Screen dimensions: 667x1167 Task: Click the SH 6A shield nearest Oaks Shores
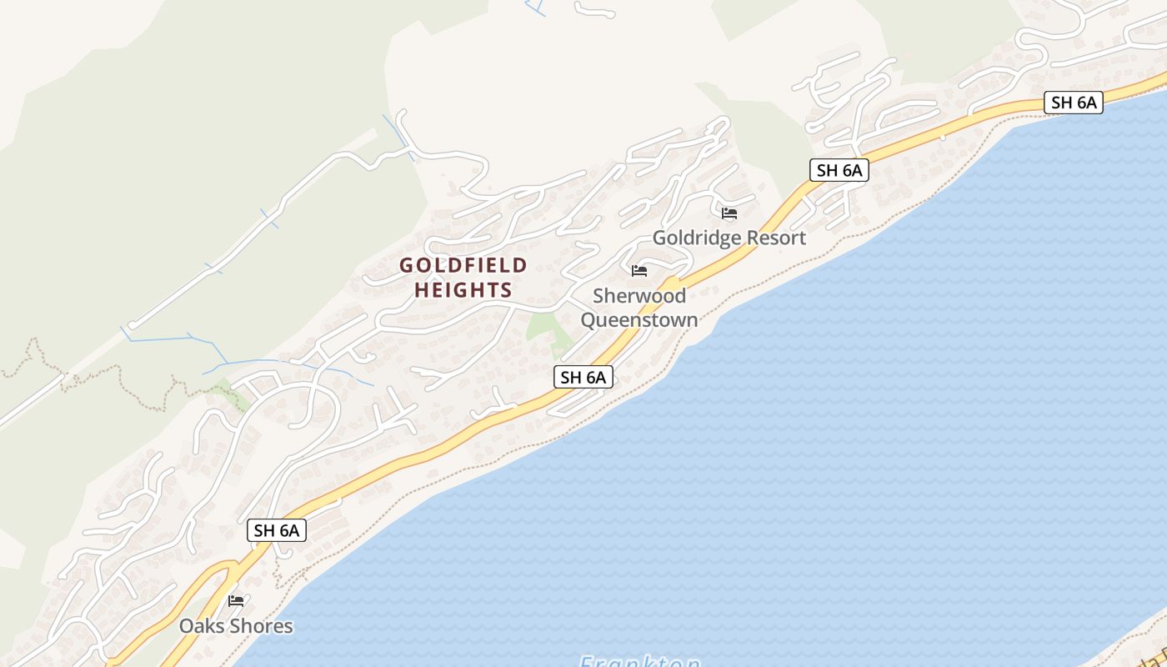click(277, 530)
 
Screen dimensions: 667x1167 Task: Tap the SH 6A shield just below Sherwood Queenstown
click(583, 377)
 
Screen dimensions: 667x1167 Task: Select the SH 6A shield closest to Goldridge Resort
click(839, 170)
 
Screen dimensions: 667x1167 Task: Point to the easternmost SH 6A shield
click(1074, 103)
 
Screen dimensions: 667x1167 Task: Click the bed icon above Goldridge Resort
click(729, 213)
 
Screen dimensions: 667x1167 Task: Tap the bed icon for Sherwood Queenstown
click(639, 271)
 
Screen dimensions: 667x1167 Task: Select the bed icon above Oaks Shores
click(236, 600)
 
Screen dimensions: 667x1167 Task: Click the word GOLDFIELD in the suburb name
click(463, 266)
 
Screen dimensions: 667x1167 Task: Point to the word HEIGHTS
click(463, 290)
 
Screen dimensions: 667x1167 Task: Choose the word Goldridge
click(696, 238)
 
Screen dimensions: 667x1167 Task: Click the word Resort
click(776, 238)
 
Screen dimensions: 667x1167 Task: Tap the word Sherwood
click(639, 296)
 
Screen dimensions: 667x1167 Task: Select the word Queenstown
click(639, 320)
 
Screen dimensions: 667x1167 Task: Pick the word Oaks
click(201, 626)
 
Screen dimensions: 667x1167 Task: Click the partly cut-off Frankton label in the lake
click(640, 661)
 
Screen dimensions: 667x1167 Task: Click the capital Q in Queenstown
click(589, 320)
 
